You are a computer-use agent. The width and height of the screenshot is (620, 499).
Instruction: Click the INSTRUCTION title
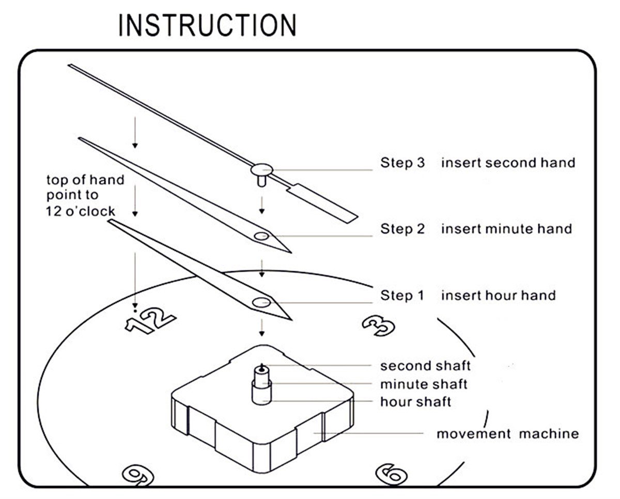[208, 25]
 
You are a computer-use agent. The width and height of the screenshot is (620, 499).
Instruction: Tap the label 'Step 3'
[402, 163]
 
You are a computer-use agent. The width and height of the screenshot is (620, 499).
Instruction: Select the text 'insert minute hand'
[506, 229]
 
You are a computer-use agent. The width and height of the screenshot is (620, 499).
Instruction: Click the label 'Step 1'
[402, 296]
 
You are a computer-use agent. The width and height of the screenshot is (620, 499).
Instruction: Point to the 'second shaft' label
[425, 366]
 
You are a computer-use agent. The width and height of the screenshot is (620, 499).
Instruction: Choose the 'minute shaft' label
[424, 384]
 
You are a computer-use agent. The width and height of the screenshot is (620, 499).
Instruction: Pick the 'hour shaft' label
[416, 401]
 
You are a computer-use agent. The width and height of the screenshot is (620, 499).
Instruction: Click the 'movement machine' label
[507, 433]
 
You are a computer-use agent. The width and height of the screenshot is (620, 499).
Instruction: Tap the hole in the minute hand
[261, 236]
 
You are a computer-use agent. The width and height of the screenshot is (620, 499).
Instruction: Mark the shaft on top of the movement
[262, 385]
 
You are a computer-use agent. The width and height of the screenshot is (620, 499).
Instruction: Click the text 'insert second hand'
[508, 163]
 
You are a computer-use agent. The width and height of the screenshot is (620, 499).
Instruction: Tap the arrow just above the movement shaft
[262, 327]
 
